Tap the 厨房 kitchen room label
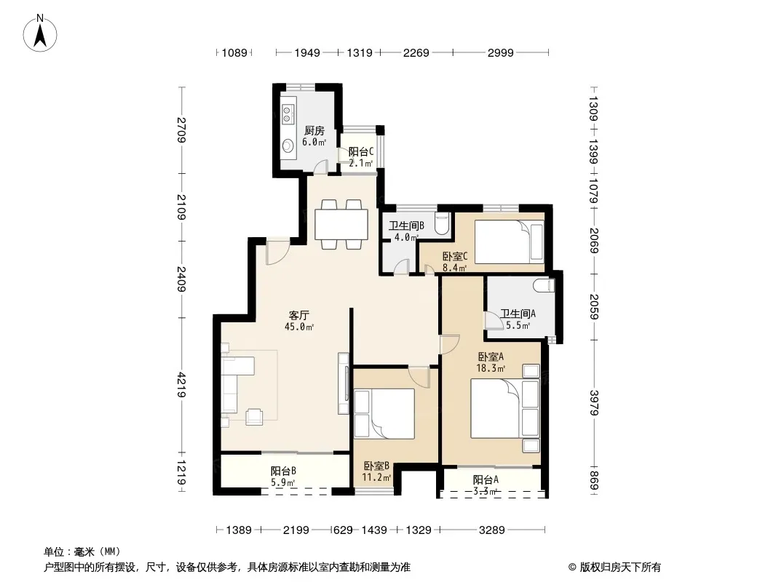pyautogui.click(x=314, y=131)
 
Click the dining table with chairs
pyautogui.click(x=340, y=223)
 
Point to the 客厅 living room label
pyautogui.click(x=298, y=315)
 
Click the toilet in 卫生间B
pyautogui.click(x=442, y=223)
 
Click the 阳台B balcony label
pyautogui.click(x=282, y=471)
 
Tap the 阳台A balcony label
pyautogui.click(x=486, y=479)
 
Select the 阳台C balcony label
pyautogui.click(x=361, y=152)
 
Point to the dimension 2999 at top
pyautogui.click(x=501, y=52)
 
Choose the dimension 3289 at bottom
pyautogui.click(x=492, y=530)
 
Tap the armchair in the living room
pyautogui.click(x=256, y=416)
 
